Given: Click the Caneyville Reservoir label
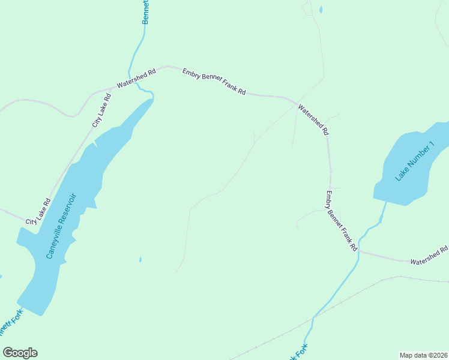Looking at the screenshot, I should click(x=62, y=226).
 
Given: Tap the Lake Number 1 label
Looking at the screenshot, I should click(x=414, y=161).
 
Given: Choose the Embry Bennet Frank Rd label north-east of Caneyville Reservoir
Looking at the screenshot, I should click(x=214, y=82).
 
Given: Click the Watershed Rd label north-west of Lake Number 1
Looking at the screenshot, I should click(x=314, y=119).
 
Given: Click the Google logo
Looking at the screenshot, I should click(x=20, y=352).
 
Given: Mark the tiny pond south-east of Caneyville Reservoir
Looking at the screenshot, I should click(x=140, y=259).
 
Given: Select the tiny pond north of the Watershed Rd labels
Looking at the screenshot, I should click(x=321, y=10).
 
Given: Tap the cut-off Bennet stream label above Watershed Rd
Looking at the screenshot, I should click(x=146, y=12).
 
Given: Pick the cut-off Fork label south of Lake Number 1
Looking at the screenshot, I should click(x=298, y=352).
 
